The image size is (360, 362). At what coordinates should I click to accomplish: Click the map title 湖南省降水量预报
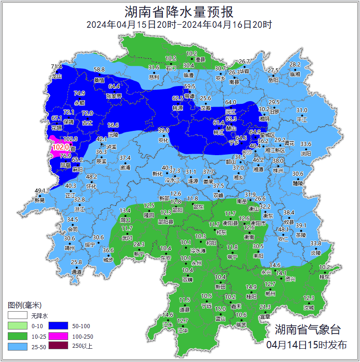click(x=179, y=11)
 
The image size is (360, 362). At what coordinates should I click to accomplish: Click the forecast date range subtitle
click(x=179, y=25)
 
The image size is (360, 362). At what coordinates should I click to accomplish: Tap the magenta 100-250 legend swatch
click(x=61, y=336)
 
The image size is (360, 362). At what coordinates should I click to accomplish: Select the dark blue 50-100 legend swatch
click(x=61, y=325)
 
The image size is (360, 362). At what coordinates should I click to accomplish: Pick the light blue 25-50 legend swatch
click(x=16, y=346)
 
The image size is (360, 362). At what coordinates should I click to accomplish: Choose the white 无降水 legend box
click(x=16, y=315)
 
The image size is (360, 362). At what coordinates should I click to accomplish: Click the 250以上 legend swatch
click(x=61, y=346)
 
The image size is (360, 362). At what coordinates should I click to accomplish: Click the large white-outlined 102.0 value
click(x=60, y=147)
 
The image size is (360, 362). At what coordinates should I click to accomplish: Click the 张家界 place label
click(x=114, y=96)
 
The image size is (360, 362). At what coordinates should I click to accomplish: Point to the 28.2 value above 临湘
click(x=295, y=65)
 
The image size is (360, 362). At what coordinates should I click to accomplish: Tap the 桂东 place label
click(x=324, y=277)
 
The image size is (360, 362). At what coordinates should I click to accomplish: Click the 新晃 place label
click(x=40, y=200)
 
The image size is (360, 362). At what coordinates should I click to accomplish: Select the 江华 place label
click(x=183, y=330)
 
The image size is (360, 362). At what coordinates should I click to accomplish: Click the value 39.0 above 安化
click(x=164, y=130)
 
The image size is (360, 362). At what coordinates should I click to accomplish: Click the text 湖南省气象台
click(x=307, y=329)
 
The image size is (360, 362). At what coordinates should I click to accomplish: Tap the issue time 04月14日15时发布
click(x=306, y=345)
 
